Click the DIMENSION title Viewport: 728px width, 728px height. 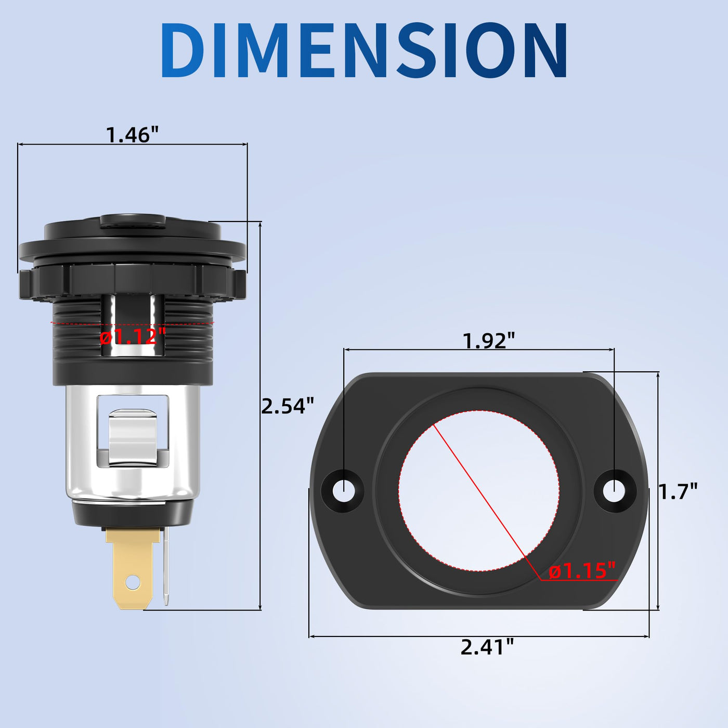(364, 50)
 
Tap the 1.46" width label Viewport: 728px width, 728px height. (132, 135)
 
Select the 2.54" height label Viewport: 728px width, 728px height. (288, 406)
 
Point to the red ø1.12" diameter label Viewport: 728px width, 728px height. (133, 336)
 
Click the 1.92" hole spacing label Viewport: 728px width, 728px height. (489, 341)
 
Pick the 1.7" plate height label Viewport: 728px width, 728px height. (678, 491)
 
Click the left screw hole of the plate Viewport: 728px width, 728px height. (343, 490)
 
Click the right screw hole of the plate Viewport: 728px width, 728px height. (614, 490)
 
